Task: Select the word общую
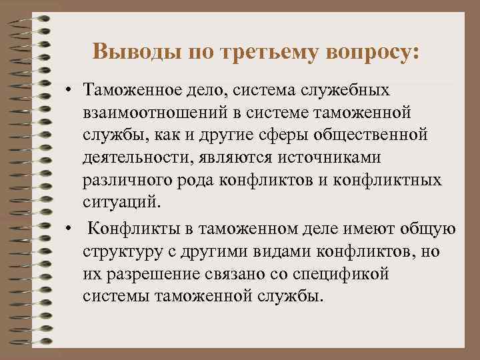point(429,230)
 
